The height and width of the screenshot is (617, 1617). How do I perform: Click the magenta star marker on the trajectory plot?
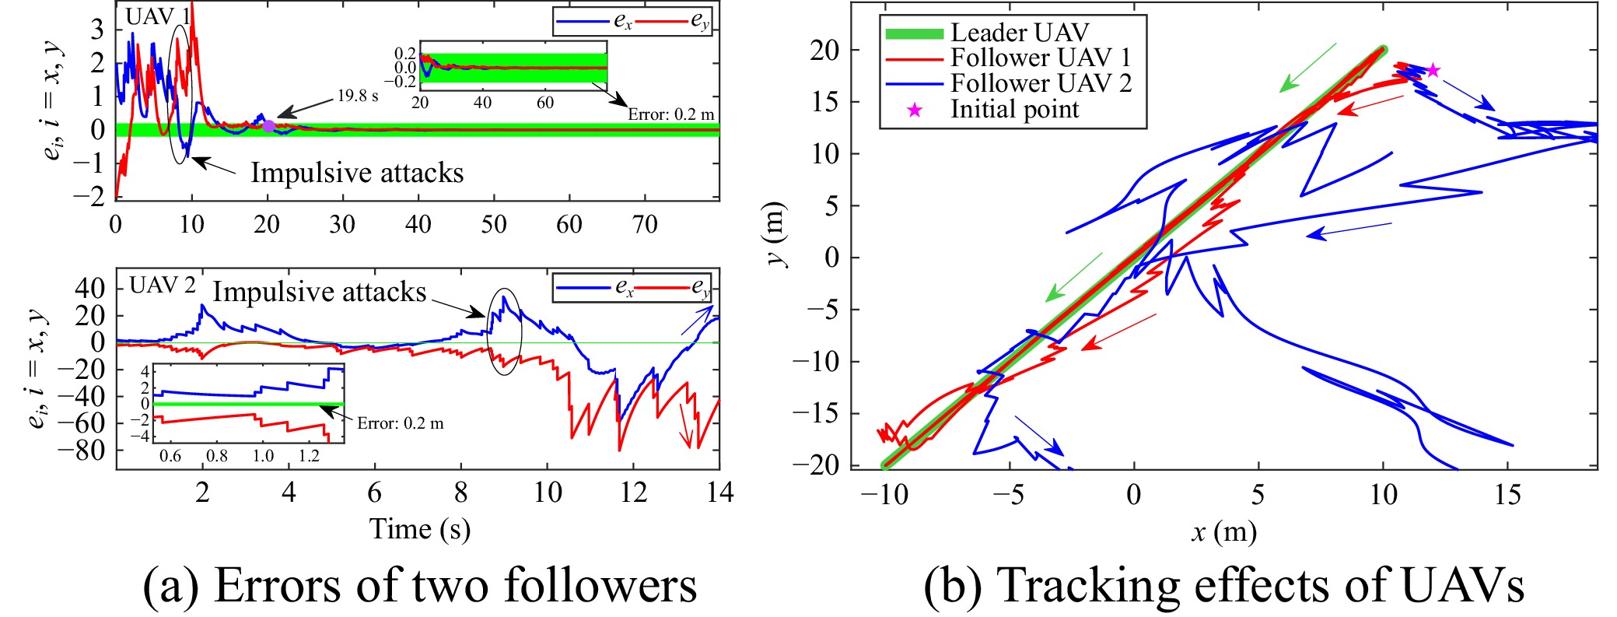1432,71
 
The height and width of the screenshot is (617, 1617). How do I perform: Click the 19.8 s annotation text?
358,96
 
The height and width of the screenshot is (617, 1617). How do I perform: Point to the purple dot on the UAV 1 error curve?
268,125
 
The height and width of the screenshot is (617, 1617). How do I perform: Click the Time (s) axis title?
419,529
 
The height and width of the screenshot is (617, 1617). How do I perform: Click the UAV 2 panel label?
163,286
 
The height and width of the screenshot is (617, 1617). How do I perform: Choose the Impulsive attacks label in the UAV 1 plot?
357,173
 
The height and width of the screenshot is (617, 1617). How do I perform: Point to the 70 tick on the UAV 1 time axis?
645,225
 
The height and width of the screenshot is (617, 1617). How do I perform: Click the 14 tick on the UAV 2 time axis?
719,493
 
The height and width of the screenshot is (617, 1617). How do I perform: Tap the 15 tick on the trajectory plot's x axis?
1507,495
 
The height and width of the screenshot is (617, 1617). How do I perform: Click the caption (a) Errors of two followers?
419,585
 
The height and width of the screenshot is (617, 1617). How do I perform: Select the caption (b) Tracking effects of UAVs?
1223,585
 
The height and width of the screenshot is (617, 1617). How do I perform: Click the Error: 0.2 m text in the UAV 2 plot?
401,423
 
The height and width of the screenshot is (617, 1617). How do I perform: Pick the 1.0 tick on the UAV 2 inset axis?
263,456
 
